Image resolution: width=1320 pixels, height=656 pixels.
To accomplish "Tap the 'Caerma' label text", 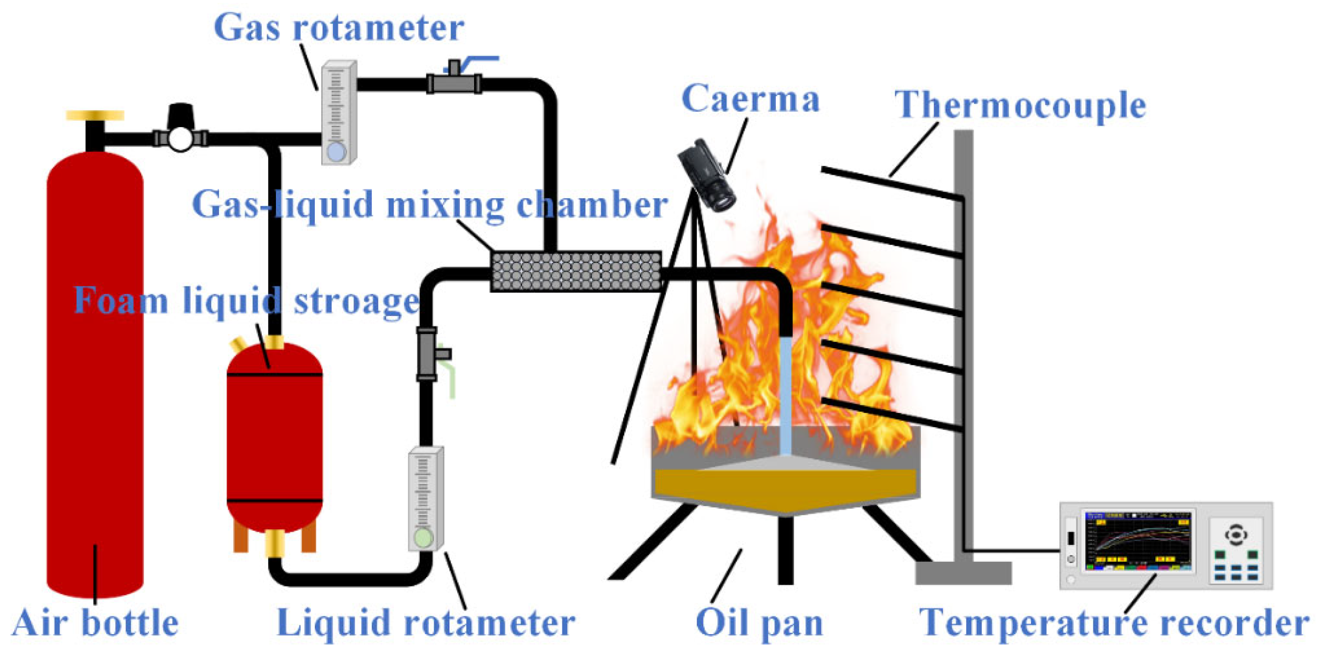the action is (x=750, y=100).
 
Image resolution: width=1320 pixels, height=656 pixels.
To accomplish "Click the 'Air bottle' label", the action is (x=95, y=623).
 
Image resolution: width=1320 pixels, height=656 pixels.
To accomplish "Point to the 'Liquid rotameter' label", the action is (x=426, y=623).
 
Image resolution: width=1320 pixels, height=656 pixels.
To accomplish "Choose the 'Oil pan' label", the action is (x=759, y=623).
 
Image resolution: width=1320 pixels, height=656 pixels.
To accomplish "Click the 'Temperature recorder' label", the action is (x=1114, y=623).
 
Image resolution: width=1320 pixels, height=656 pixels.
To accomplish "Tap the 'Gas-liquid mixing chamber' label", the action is (x=430, y=205).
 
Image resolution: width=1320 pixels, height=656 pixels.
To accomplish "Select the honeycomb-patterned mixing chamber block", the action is (x=576, y=271).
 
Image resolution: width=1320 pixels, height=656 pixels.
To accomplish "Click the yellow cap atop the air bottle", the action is (x=95, y=115).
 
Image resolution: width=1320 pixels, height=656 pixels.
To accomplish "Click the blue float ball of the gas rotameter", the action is (x=337, y=152).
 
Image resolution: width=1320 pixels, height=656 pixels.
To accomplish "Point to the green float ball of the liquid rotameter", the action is (x=423, y=538).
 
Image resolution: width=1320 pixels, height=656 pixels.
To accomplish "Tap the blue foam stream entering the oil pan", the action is (x=785, y=394).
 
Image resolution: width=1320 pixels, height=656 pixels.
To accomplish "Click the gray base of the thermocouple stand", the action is (x=963, y=573).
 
